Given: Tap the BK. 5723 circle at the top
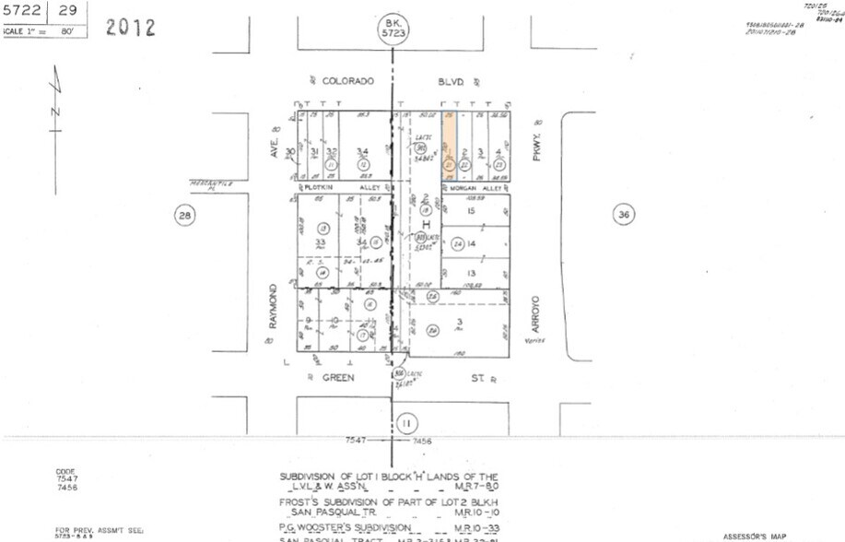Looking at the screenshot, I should pos(393,29).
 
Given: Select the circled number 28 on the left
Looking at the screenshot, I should pos(185,216).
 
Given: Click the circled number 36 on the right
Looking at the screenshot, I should pos(624,215).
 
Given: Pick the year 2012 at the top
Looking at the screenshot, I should pos(131,27).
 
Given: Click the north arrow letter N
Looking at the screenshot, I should pos(55,112).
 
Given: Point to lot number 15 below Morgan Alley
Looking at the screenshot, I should pos(472,212).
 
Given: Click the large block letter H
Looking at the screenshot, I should pos(426,225).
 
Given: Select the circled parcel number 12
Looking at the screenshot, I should pos(362,164).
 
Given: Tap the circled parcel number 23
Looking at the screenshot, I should pos(499,164).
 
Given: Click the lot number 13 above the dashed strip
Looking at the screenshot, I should pos(472,274).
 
